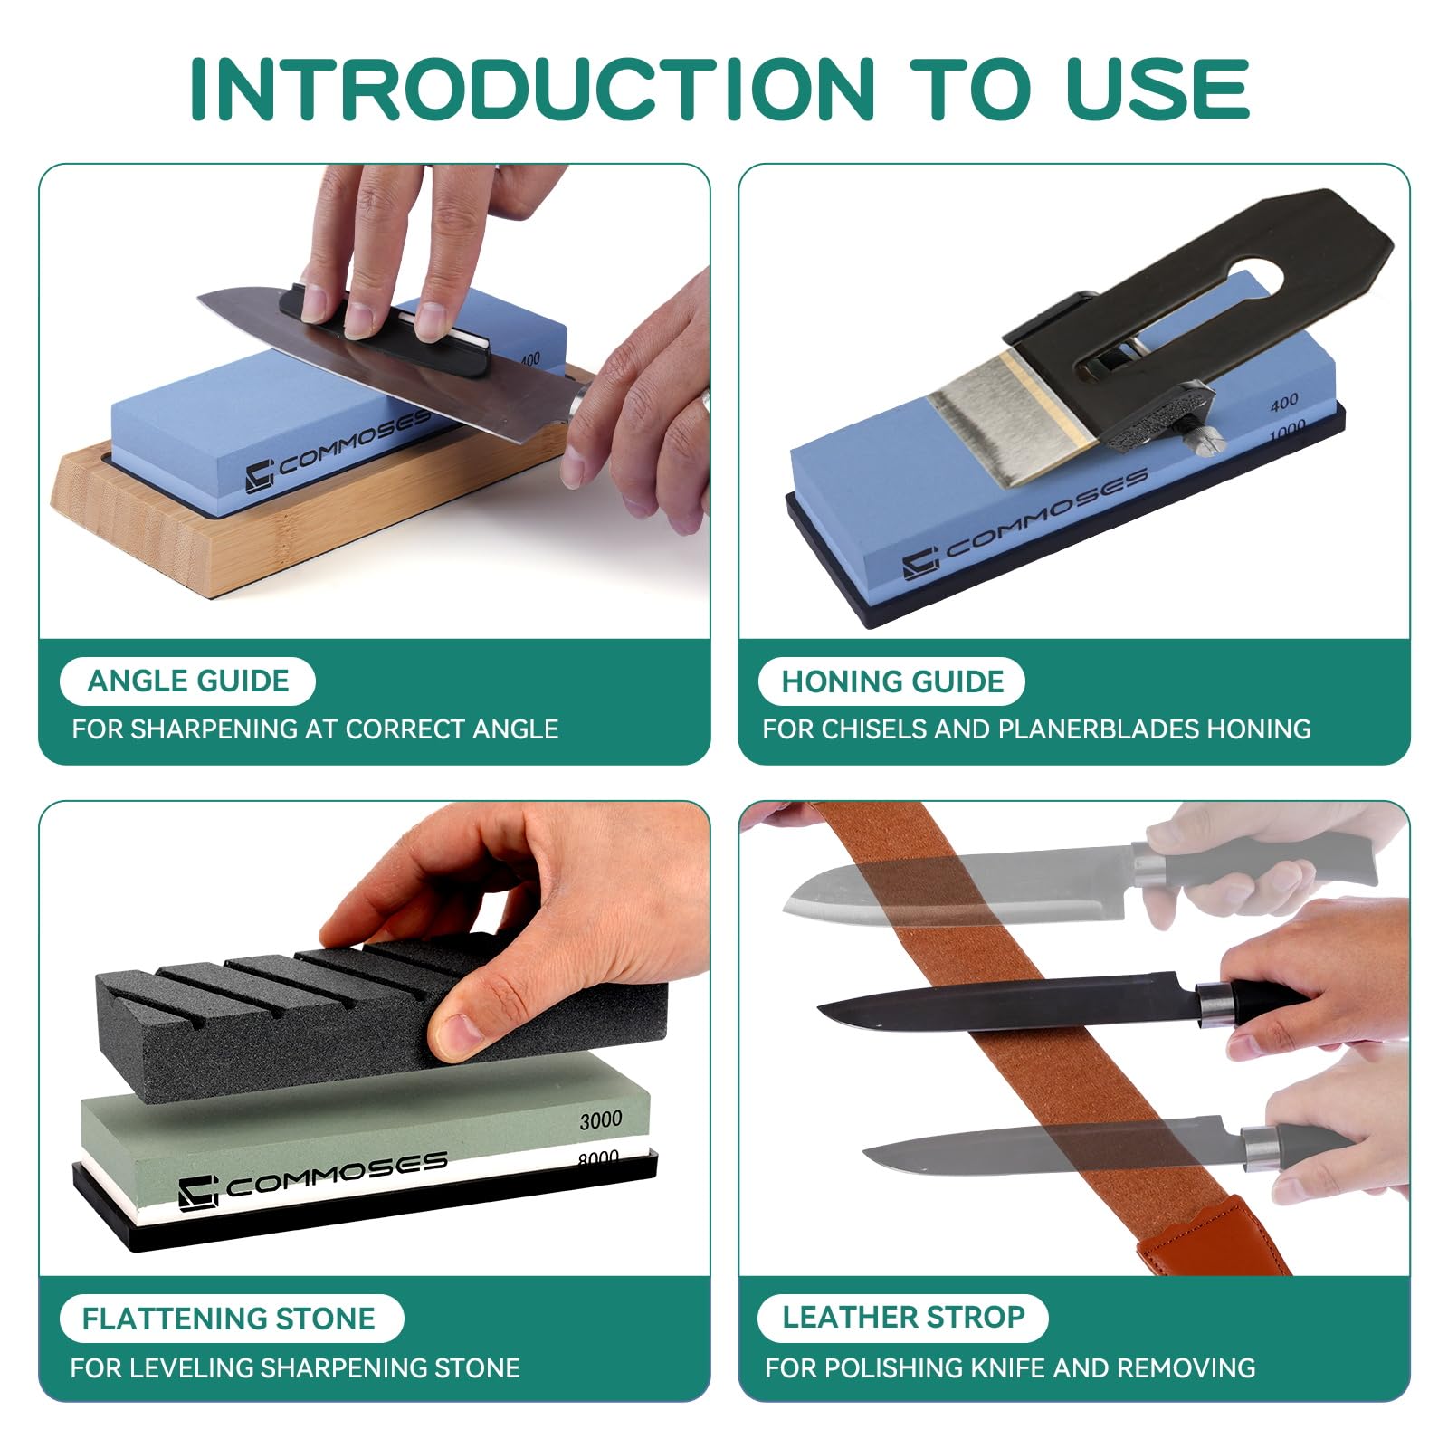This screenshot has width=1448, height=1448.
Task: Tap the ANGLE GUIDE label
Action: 188,681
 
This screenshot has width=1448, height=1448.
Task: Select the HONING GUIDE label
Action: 892,681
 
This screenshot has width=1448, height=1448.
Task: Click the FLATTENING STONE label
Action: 229,1319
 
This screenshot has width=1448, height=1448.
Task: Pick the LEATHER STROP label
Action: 903,1317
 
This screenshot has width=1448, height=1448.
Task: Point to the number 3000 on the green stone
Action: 601,1120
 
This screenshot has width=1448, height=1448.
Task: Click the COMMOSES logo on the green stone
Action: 313,1179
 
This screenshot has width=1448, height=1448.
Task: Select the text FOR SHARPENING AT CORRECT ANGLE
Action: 315,729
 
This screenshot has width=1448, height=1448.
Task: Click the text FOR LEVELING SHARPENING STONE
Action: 295,1367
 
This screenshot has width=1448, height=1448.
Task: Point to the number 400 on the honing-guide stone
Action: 1283,401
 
